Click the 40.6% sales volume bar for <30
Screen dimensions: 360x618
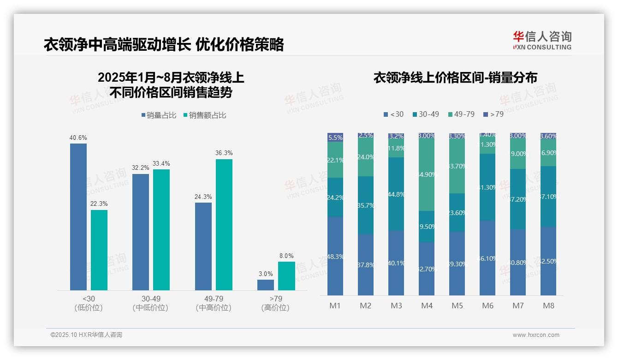point(78,216)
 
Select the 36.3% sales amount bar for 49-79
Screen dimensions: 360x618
point(224,224)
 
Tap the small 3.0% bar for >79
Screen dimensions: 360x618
point(266,285)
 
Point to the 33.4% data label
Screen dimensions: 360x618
point(161,163)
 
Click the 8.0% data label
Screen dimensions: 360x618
point(286,256)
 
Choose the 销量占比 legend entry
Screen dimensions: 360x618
point(159,115)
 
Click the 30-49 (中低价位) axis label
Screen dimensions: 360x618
point(151,303)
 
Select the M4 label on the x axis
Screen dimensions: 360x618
point(427,306)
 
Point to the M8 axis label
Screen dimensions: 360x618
point(548,306)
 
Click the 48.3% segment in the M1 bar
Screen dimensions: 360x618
point(335,256)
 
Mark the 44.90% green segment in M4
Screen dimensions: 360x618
point(427,174)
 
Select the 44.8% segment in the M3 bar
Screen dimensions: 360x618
point(396,194)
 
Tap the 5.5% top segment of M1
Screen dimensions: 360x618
point(335,138)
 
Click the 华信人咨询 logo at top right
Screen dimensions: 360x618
point(542,40)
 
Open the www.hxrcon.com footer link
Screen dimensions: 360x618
point(536,335)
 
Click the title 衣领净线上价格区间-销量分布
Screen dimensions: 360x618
point(455,78)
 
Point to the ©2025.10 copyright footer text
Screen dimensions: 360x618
point(86,335)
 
